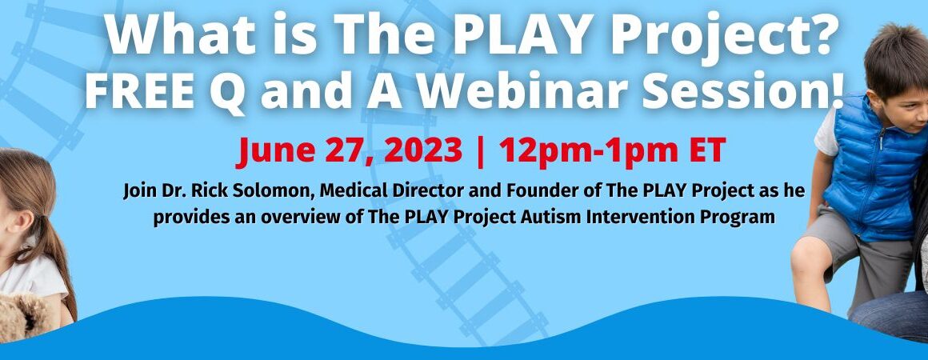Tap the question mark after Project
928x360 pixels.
click(x=826, y=35)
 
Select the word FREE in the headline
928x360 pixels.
click(x=138, y=92)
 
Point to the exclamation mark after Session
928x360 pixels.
click(x=836, y=92)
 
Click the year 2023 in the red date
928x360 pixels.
click(x=422, y=151)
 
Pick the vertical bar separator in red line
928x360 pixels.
click(x=481, y=152)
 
